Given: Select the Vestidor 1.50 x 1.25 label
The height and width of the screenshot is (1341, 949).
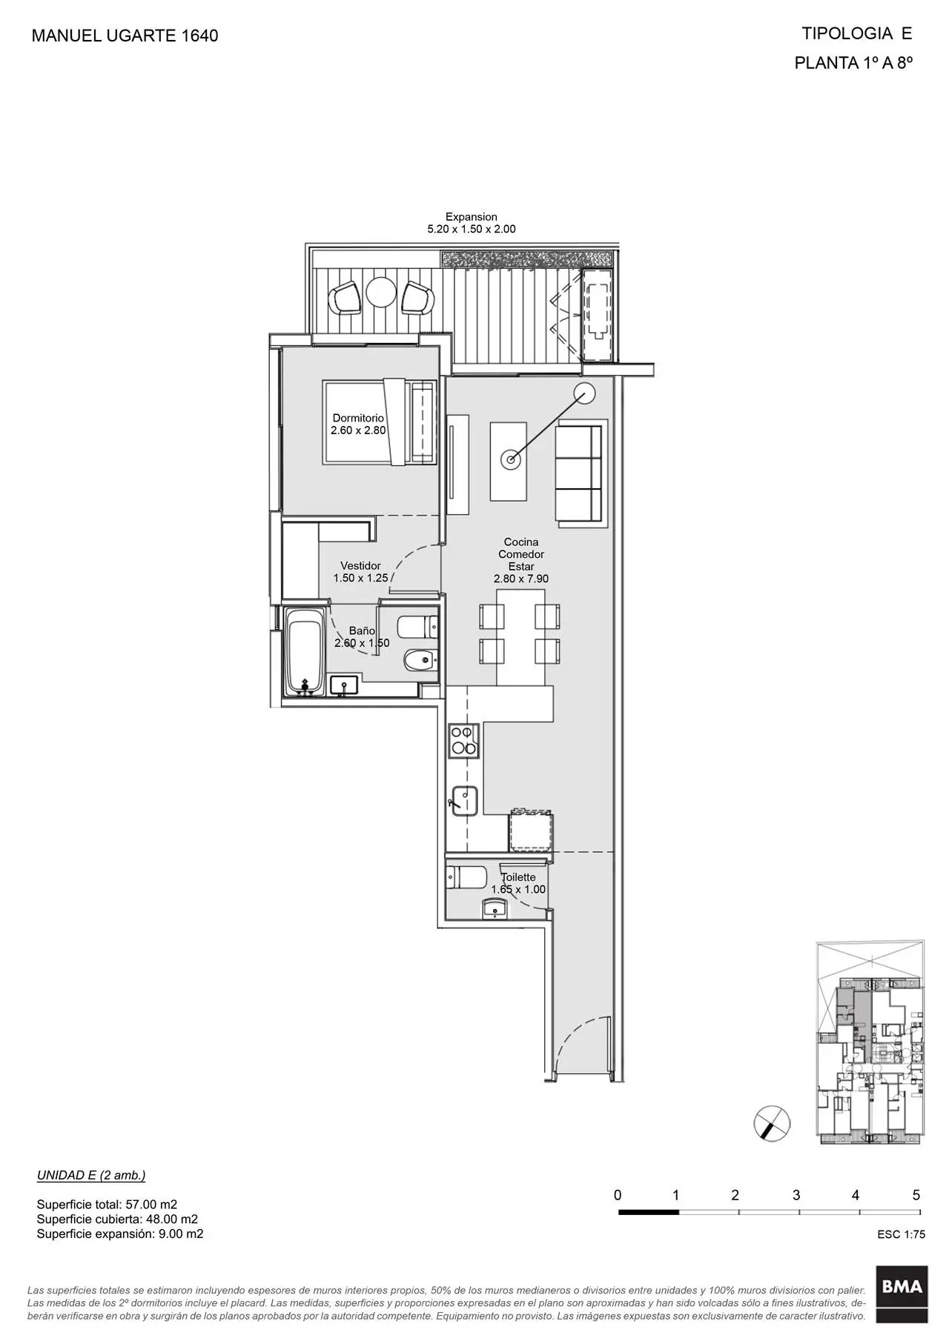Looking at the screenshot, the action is tap(360, 572).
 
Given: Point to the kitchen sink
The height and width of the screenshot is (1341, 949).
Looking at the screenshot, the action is tap(463, 801).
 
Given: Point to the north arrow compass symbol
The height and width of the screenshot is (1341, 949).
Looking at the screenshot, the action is tap(772, 1122).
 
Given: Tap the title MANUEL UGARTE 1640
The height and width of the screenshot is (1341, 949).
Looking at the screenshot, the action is tap(125, 36).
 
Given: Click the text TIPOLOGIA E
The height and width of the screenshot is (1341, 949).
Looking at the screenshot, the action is tap(856, 33).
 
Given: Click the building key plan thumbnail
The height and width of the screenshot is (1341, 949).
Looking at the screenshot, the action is tap(870, 1042).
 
